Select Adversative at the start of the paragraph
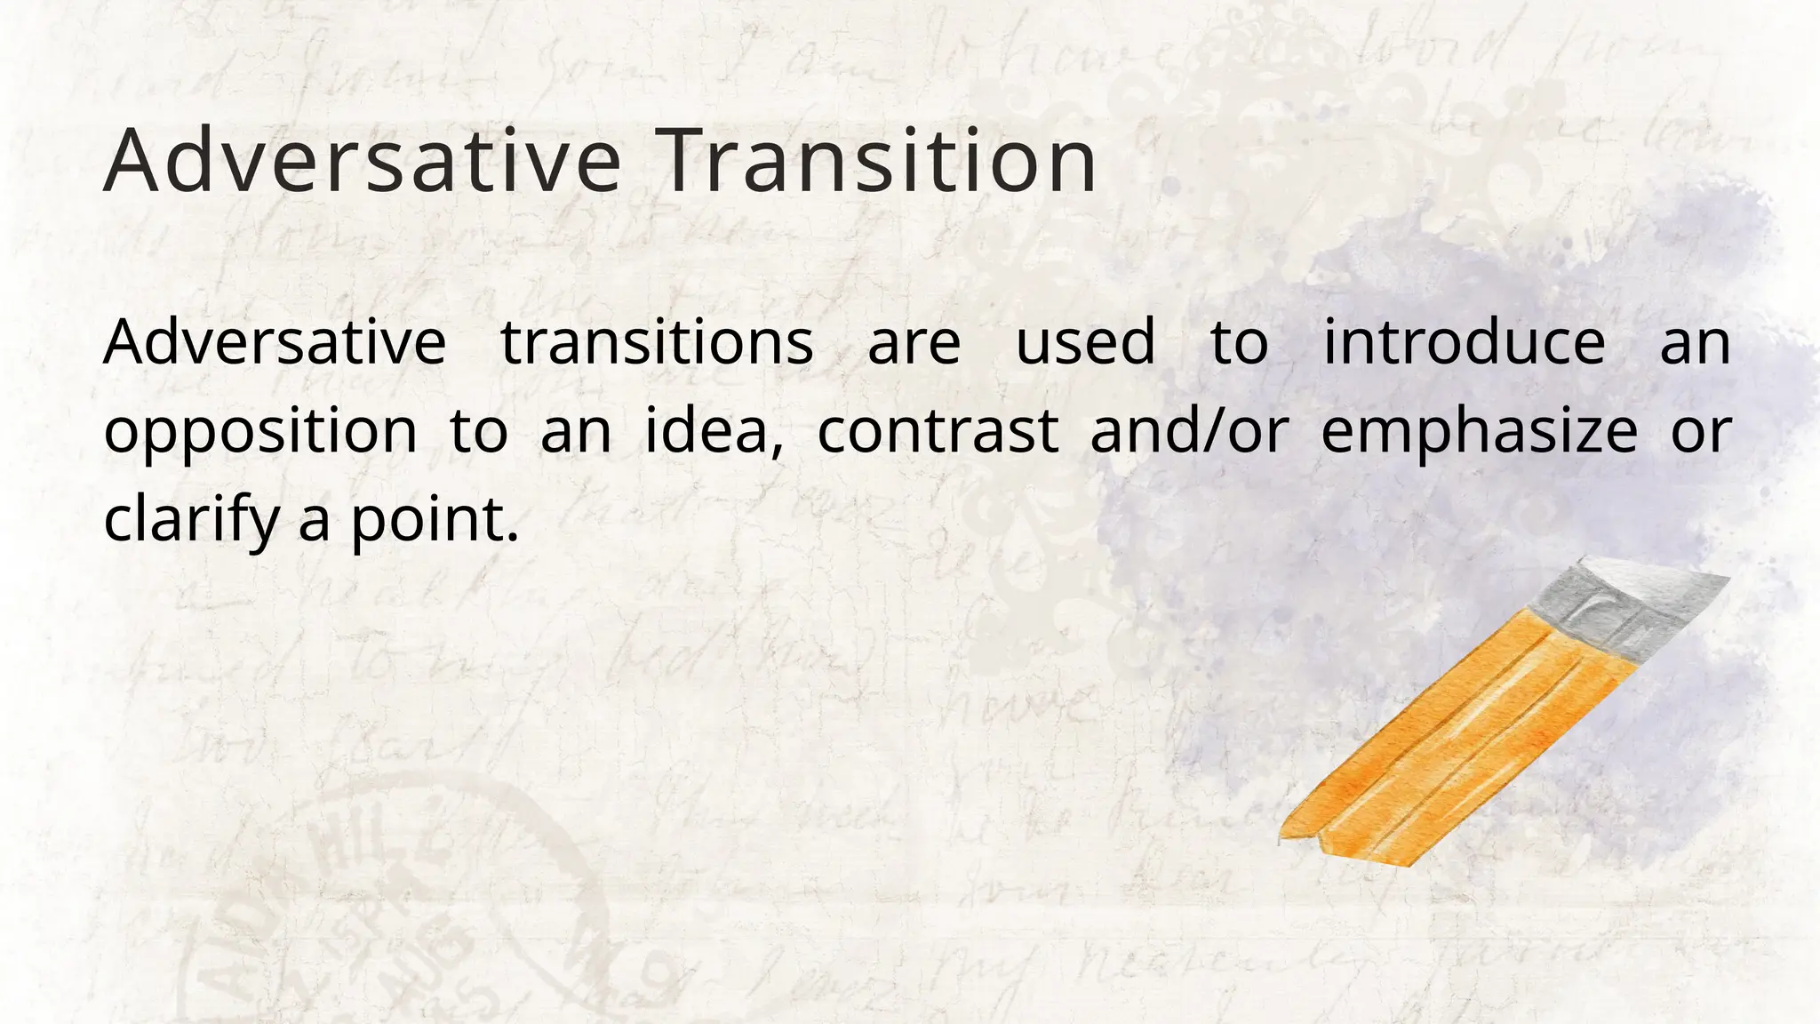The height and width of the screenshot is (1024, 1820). click(275, 342)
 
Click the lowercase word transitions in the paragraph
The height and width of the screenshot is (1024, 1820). click(657, 342)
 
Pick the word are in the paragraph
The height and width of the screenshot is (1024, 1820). click(914, 344)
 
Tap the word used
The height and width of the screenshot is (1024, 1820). click(1085, 342)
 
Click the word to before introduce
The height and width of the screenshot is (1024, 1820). click(1239, 343)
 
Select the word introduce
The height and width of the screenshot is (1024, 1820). click(1465, 342)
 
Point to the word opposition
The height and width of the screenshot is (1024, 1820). click(260, 433)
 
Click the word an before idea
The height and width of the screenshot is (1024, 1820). click(576, 433)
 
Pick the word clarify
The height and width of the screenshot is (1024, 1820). click(191, 520)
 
